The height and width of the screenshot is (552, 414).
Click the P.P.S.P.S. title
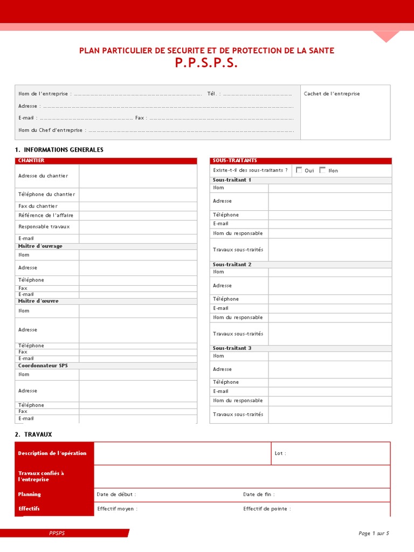(206, 63)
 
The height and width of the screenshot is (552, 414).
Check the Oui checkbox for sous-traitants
(299, 170)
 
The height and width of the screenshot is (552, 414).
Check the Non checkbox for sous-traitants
(322, 170)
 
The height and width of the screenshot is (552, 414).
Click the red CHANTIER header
(31, 161)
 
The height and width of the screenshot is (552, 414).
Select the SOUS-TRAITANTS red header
(227, 161)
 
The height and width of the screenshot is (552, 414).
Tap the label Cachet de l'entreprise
(332, 94)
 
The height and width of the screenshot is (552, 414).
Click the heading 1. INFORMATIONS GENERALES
(59, 149)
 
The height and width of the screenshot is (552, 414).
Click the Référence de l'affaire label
(45, 215)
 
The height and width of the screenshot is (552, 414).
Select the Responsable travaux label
(44, 226)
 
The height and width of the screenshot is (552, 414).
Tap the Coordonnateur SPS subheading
(43, 365)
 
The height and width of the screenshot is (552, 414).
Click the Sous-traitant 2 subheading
(232, 265)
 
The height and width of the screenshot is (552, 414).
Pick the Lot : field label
(280, 453)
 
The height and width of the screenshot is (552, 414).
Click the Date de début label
(116, 494)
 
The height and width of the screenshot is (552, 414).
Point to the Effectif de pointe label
(267, 508)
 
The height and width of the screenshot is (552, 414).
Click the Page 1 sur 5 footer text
(373, 533)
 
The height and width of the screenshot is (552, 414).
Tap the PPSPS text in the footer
(57, 533)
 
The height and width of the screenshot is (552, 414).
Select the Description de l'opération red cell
(52, 453)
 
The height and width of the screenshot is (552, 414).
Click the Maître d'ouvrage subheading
(40, 246)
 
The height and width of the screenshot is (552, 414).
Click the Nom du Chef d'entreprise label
(51, 130)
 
